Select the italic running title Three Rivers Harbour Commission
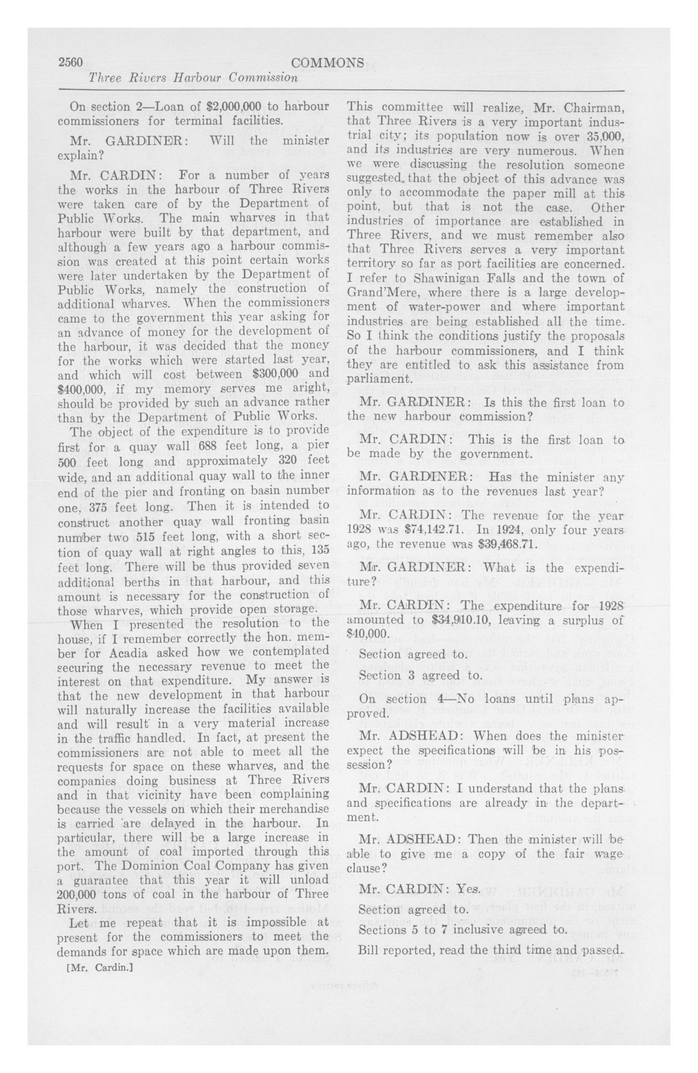(x=193, y=78)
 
